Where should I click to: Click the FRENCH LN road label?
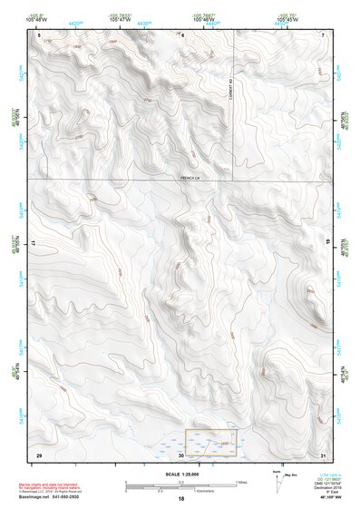189,177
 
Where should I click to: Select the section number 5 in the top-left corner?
39,34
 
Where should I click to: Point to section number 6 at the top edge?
182,34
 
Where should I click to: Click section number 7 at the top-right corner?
323,34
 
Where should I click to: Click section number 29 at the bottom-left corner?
39,453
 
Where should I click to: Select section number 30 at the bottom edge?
181,454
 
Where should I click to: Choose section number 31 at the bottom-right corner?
323,453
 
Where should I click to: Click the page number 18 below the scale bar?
180,499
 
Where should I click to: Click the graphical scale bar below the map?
180,483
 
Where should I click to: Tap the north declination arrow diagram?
277,477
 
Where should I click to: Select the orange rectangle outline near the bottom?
211,442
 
